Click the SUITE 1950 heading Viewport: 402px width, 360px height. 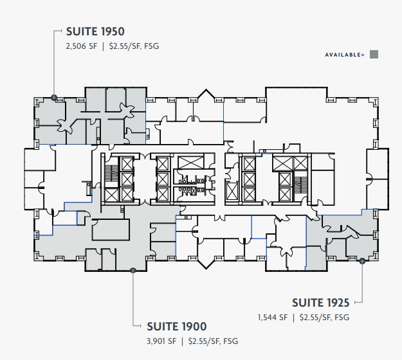[95, 31]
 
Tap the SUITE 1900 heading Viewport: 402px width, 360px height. [177, 327]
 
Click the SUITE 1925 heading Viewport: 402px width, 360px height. [321, 302]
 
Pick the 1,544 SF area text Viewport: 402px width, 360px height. [272, 317]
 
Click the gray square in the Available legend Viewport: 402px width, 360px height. [374, 55]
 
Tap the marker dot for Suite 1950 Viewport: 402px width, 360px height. [54, 98]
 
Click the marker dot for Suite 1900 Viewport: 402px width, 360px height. [132, 271]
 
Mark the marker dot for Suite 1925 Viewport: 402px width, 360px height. [362, 261]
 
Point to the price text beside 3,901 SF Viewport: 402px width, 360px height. [213, 341]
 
